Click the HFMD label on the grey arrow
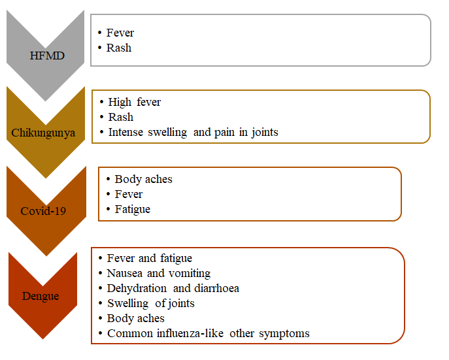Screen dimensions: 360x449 [x=47, y=55]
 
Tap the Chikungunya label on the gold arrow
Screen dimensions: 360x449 [x=43, y=133]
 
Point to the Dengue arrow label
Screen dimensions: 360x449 [x=40, y=296]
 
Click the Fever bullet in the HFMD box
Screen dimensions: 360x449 [x=120, y=33]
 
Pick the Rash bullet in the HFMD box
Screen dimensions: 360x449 [x=119, y=48]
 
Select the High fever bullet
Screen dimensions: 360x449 [x=135, y=102]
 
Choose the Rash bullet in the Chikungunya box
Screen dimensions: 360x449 [x=121, y=117]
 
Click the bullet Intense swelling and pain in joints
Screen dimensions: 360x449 [x=193, y=132]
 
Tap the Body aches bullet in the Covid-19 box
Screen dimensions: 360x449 [x=143, y=179]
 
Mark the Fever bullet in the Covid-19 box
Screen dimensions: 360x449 [x=128, y=194]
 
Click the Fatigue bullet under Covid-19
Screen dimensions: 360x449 [x=132, y=209]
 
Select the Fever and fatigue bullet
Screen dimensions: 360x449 [x=149, y=259]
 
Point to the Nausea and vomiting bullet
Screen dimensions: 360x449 [x=158, y=274]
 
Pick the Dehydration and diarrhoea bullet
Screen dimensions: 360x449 [x=172, y=288]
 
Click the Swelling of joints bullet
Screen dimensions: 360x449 [x=150, y=303]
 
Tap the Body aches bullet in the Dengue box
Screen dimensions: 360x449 [x=135, y=318]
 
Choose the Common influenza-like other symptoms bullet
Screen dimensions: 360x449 [x=208, y=333]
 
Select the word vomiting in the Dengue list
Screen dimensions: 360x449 [x=188, y=274]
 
